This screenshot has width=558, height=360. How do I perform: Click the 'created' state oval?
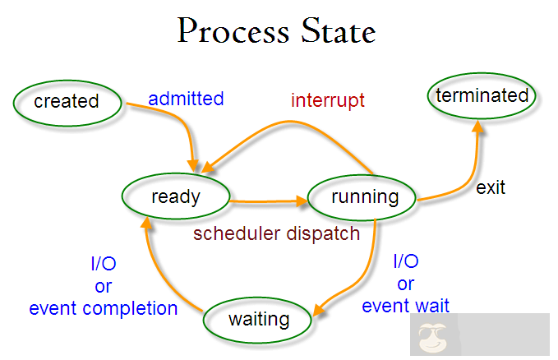pos(67,102)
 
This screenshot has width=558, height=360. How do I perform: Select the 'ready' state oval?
pos(175,196)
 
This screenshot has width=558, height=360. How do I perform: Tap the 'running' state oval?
pos(364,197)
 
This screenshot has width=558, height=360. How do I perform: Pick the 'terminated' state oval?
pos(482,95)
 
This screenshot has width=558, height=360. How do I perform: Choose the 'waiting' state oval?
pos(259,319)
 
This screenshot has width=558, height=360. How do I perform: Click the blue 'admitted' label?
pos(186,99)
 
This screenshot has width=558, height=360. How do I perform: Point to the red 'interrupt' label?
pos(327,101)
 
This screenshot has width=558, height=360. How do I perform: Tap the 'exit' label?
pos(491,187)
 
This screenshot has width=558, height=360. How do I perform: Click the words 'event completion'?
pos(104,309)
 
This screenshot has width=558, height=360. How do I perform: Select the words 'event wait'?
pos(406,306)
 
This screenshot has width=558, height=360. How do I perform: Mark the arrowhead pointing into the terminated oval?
pos(477,125)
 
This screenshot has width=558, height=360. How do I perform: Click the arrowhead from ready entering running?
pos(300,199)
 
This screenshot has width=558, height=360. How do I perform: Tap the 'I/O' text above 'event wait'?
pos(406,262)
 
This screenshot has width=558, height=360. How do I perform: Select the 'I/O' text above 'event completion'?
pos(103,265)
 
